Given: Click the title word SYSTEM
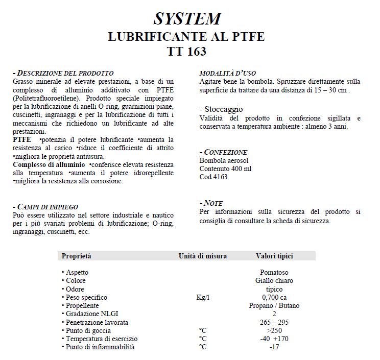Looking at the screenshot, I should point(187,18).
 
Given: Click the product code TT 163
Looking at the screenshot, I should point(187,52).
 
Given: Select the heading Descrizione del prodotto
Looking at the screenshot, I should point(64,73).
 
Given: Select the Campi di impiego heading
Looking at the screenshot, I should point(46,207).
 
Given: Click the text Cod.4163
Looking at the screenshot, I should point(213,177).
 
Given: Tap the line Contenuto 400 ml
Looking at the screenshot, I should point(225,169).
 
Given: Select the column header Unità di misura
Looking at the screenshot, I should point(203,256).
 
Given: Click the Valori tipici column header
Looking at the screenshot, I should point(274,256).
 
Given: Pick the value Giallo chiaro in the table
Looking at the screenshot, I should point(274,281).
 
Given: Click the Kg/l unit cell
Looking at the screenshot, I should point(203,297).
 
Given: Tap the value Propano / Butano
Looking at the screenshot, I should point(274,305).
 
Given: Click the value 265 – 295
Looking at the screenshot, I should point(274,322).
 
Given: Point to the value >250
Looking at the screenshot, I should point(274,330).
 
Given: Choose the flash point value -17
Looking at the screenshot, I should point(274,347).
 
